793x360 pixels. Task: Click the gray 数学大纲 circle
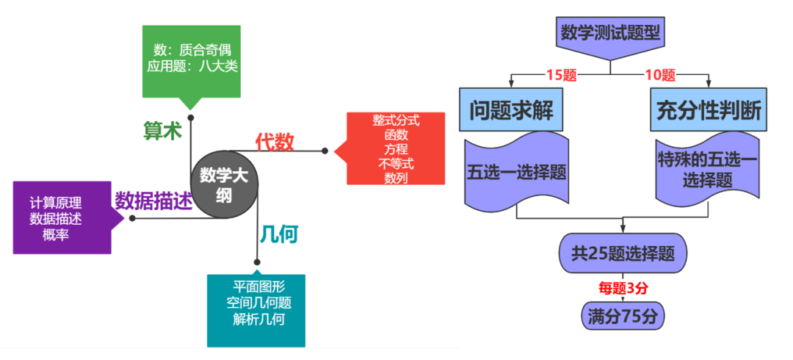[x=225, y=184]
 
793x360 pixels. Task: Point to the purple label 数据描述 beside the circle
[x=152, y=201]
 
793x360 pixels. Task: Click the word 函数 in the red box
[x=396, y=134]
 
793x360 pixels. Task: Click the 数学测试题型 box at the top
[x=610, y=34]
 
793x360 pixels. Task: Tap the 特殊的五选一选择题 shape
[x=708, y=168]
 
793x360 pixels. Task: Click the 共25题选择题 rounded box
[x=623, y=255]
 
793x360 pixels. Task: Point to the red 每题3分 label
[x=622, y=287]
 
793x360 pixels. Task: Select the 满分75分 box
[x=623, y=316]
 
